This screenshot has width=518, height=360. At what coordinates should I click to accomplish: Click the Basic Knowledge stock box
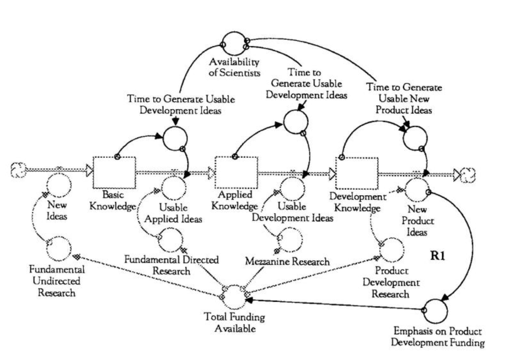(114, 172)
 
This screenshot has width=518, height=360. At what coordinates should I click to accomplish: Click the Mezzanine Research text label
(288, 261)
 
